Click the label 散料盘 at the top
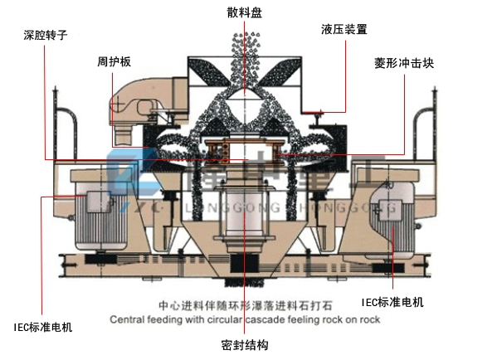246,12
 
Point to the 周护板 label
115,61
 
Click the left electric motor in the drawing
95,217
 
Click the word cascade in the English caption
260,318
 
